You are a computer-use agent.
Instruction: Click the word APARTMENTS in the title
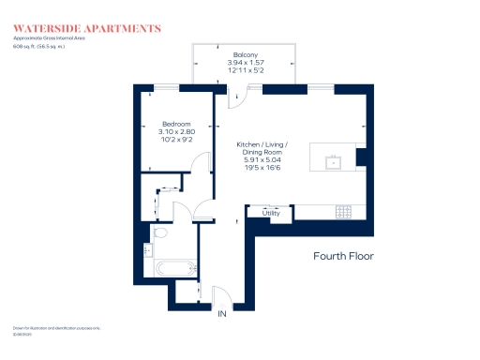point(120,29)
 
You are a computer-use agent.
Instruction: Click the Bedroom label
point(176,125)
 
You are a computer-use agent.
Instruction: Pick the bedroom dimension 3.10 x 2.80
point(176,132)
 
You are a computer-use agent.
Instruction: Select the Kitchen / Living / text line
point(262,145)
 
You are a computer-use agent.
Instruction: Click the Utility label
point(272,214)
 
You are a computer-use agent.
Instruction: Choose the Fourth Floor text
point(344,255)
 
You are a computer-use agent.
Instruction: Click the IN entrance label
point(222,314)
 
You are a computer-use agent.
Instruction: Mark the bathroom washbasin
point(149,250)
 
